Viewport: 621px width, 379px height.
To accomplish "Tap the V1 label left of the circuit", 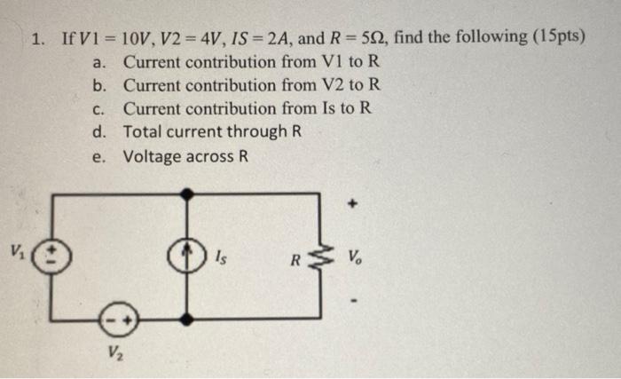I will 18,249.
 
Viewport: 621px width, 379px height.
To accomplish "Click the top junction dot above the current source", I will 186,192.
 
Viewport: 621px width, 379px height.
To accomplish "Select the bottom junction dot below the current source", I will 186,317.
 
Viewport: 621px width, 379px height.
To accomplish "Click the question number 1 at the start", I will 35,39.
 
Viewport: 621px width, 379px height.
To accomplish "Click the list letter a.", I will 100,63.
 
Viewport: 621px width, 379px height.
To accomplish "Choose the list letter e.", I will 100,156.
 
